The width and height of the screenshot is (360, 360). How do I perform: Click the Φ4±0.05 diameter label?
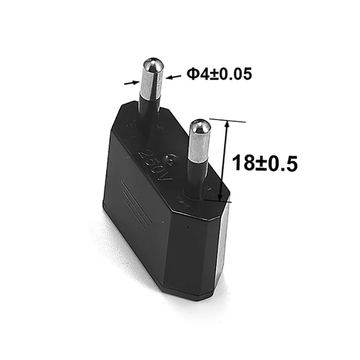coord(219,73)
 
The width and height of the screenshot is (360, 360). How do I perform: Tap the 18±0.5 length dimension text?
coord(265,162)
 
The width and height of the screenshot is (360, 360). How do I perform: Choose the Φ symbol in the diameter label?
coord(192,74)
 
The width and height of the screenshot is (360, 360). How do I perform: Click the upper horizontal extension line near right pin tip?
coord(229,120)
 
